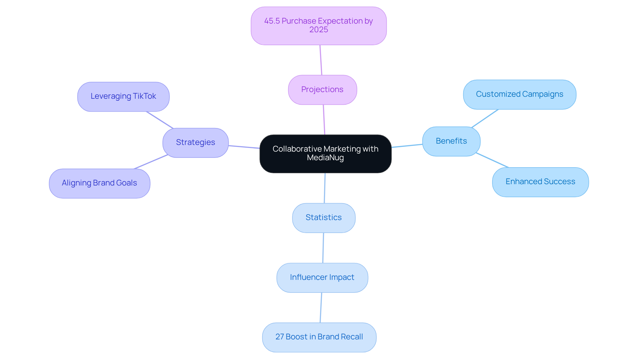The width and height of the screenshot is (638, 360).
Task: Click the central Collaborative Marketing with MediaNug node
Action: [325, 154]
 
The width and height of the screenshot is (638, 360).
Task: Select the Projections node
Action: [322, 90]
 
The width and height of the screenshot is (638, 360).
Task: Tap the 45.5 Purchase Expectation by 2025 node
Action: [318, 26]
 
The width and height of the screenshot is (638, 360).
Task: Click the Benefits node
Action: [451, 141]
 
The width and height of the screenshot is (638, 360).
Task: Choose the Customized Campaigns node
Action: [519, 94]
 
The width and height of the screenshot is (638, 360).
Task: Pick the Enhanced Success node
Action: [540, 182]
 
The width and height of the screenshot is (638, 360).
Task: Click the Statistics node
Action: [324, 218]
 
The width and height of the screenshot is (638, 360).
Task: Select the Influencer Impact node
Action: [322, 278]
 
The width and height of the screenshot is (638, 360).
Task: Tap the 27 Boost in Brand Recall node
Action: [319, 337]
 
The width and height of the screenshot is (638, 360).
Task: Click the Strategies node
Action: [195, 143]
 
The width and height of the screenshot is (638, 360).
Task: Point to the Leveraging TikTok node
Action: [123, 96]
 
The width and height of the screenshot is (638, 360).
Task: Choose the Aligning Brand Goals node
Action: [99, 183]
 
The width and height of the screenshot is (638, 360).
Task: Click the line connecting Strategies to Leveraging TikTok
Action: [160, 120]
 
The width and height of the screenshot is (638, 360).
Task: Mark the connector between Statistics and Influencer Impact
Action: [323, 248]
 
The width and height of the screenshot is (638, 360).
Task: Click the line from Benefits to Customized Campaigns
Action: [485, 118]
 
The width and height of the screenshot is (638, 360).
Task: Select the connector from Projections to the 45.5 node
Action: [321, 60]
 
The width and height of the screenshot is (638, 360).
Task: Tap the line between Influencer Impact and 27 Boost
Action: [321, 307]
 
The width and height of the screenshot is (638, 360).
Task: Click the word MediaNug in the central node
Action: [325, 158]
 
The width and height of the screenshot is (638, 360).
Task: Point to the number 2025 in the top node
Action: [318, 30]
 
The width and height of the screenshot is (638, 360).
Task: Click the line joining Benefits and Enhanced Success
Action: [492, 160]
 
